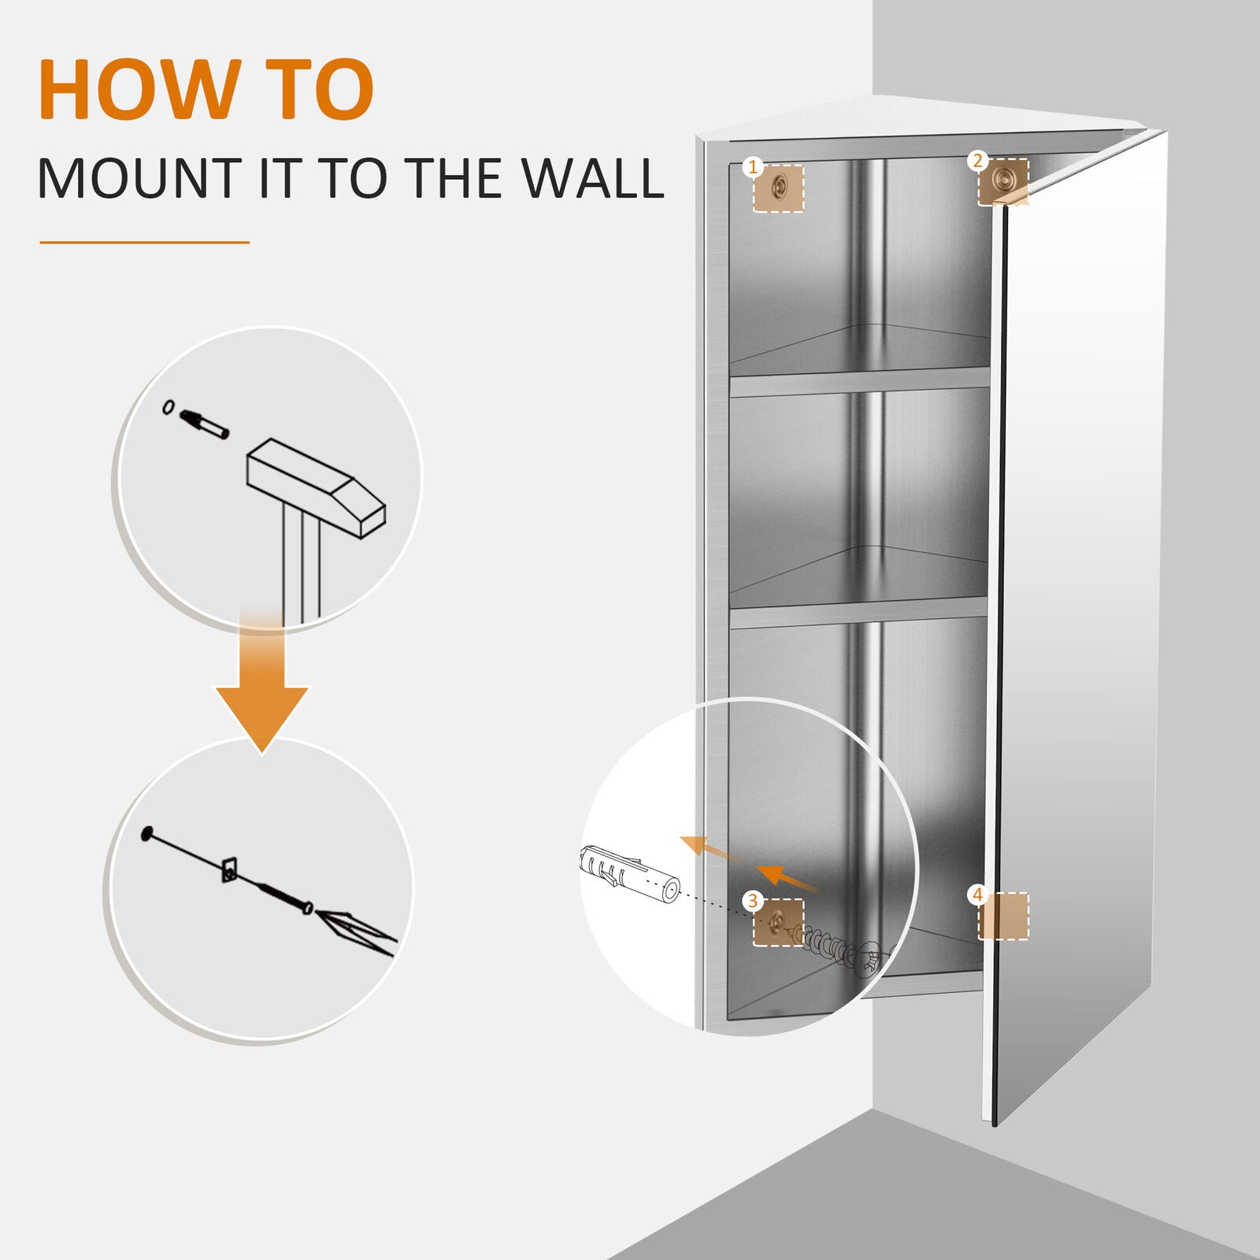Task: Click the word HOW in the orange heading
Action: click(138, 91)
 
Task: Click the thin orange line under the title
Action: click(144, 243)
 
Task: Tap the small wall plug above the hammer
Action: click(204, 424)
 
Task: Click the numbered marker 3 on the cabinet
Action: click(753, 900)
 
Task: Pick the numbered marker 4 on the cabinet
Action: click(977, 895)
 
